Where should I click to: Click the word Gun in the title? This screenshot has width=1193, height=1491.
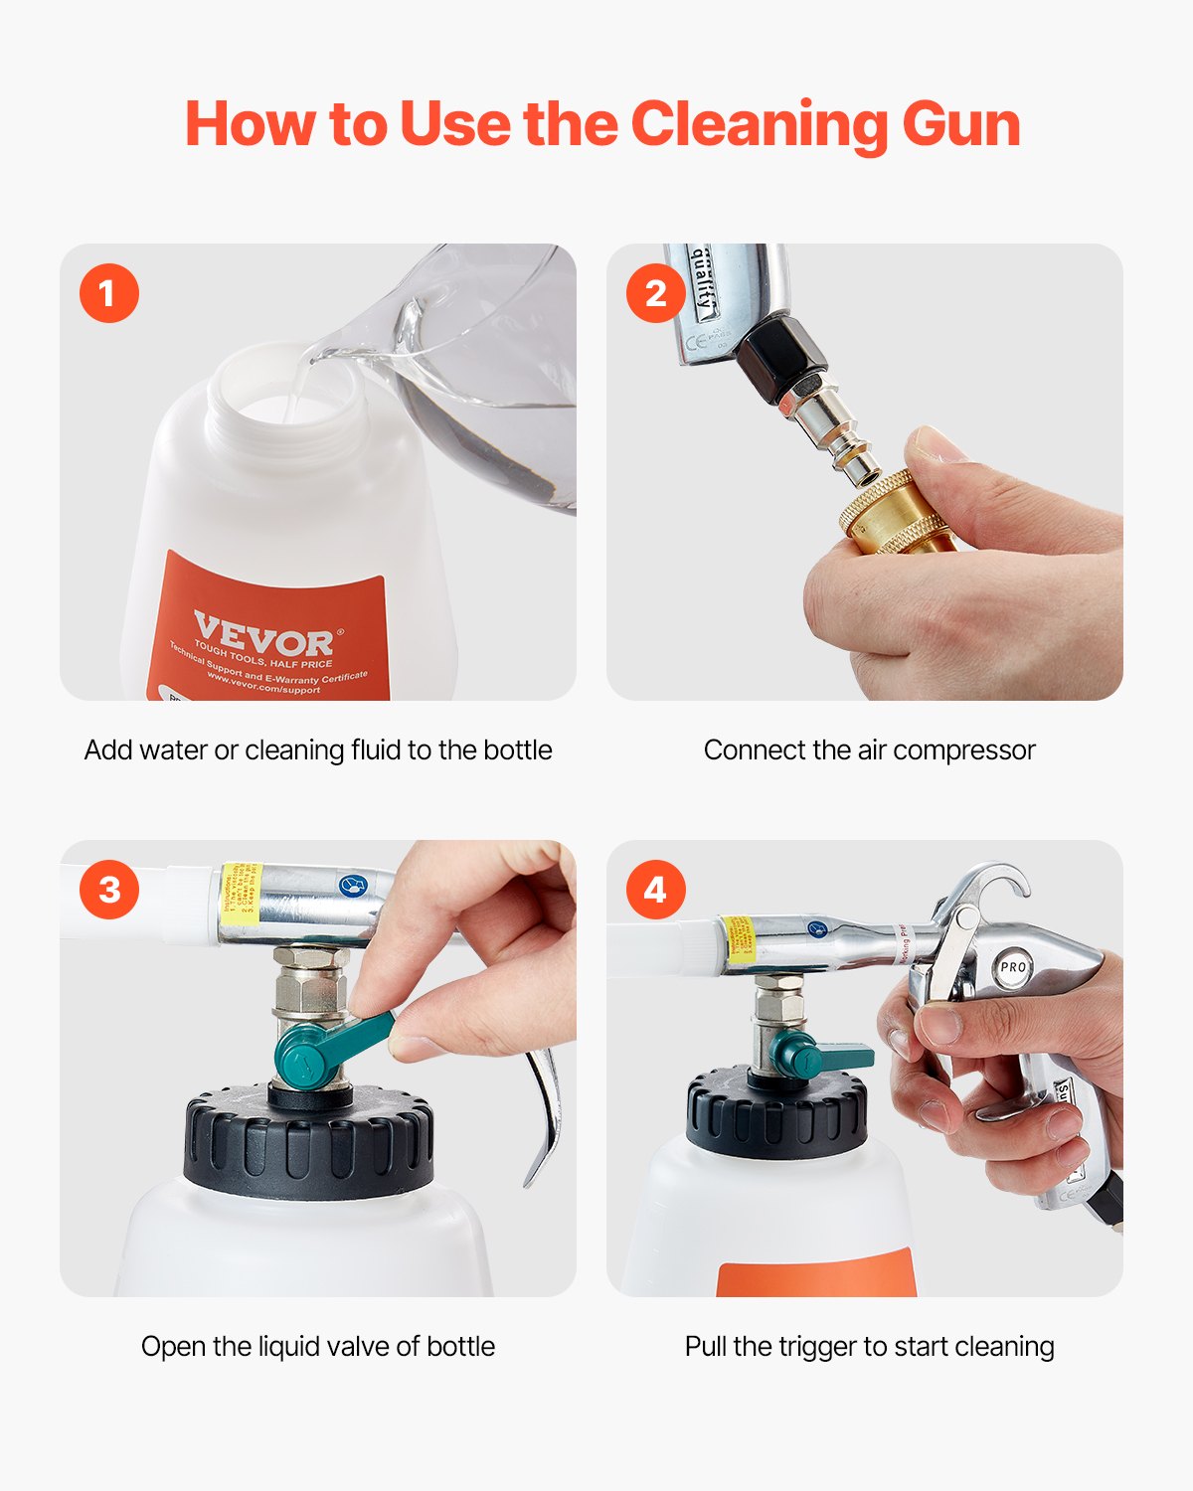[960, 125]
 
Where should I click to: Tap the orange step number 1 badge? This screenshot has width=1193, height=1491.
[109, 293]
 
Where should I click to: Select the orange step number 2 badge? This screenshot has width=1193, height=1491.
[655, 293]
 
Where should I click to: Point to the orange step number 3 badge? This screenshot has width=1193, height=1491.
[109, 889]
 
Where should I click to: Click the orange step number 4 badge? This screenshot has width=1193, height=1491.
[655, 889]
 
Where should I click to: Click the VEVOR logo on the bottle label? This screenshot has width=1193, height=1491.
[262, 634]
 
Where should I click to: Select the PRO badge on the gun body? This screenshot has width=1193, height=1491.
[1012, 967]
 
